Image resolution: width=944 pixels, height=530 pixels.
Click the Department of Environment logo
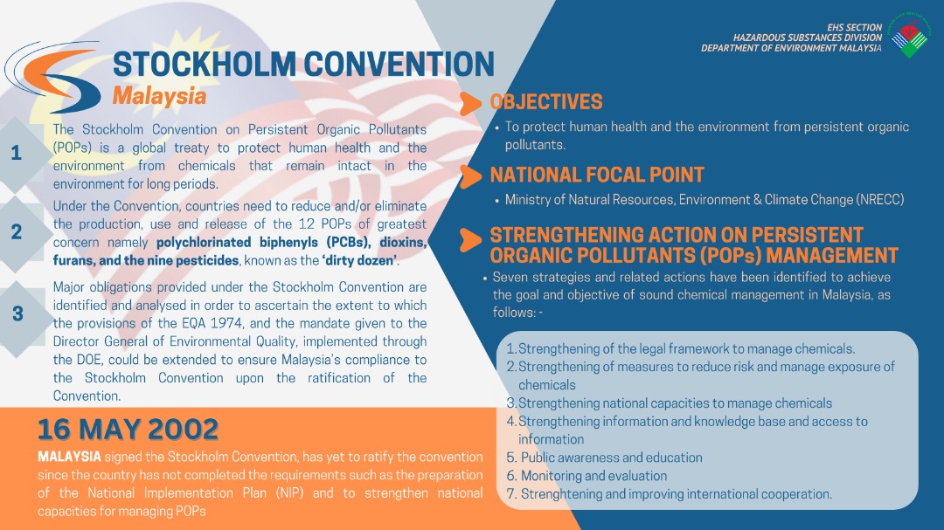point(909,35)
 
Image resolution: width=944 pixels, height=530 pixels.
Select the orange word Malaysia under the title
point(160,96)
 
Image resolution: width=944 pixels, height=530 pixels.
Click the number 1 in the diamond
point(17,154)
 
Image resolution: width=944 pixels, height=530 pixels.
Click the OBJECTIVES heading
point(546,101)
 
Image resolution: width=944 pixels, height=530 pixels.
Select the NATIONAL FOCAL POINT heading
point(597,175)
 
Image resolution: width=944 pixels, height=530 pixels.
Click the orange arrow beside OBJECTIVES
point(470,104)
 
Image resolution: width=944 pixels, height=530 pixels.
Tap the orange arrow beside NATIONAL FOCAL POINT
point(470,177)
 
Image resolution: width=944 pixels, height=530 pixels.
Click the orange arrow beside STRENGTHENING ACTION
point(470,240)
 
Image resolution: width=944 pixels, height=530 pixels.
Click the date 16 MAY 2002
point(128,430)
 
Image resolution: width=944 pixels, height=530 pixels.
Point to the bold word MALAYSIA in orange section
point(69,457)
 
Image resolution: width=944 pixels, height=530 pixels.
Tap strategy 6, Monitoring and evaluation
point(587,476)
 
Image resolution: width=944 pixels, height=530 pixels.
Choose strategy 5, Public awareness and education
point(604,458)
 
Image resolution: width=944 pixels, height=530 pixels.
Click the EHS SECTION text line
point(854,28)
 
